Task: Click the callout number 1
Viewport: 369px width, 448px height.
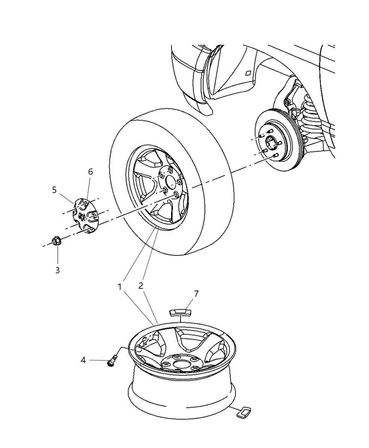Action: (x=120, y=287)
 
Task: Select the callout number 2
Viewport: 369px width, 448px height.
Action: (x=141, y=286)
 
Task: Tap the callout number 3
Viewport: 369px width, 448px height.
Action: (x=57, y=270)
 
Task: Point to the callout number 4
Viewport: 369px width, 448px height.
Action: (x=83, y=360)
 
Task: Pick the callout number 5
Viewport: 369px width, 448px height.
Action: (x=54, y=190)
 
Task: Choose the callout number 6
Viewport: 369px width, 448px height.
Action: (x=90, y=172)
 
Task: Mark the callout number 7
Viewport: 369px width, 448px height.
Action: (x=196, y=294)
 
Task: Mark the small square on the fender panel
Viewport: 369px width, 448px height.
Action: (x=248, y=73)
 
